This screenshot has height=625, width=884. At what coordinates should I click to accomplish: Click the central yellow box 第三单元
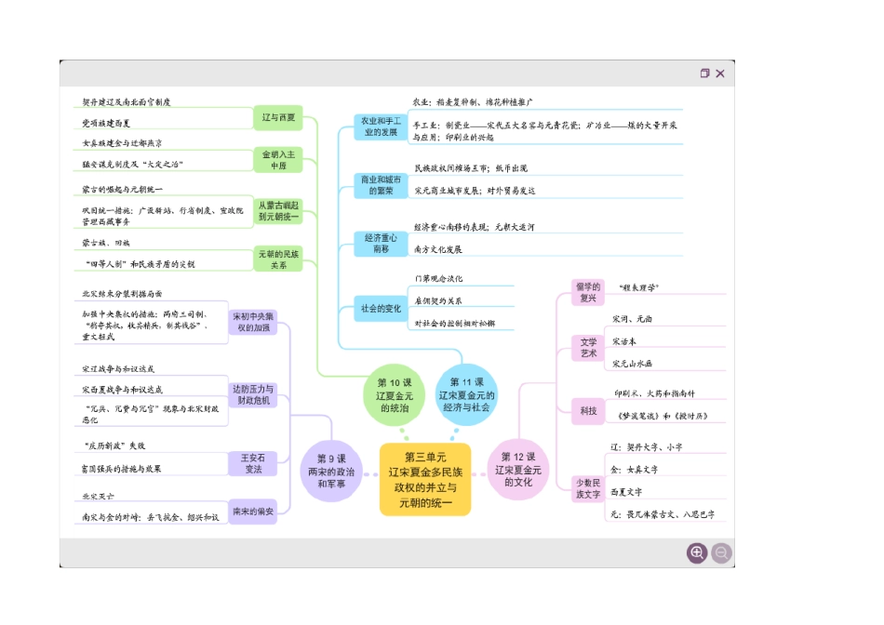point(425,479)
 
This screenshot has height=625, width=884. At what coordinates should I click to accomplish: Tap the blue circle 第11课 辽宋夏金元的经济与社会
point(466,395)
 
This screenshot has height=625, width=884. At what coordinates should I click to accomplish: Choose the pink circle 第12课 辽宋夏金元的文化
point(518,470)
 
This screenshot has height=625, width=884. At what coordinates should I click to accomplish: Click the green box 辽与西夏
point(278,118)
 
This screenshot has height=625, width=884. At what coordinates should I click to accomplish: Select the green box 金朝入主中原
point(278,159)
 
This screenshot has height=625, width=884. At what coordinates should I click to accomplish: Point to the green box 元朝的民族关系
point(278,259)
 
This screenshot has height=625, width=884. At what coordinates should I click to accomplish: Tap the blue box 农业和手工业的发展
point(381,126)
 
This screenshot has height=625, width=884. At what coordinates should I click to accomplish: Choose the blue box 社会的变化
point(382,309)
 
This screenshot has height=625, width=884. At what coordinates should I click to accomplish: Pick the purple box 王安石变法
point(253,463)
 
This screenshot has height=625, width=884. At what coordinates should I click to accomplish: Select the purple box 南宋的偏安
point(253,512)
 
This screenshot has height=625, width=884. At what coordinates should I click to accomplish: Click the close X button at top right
point(720,73)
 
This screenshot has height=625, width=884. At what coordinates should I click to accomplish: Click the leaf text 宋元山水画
point(633,364)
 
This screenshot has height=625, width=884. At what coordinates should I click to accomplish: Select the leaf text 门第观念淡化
point(439,279)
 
